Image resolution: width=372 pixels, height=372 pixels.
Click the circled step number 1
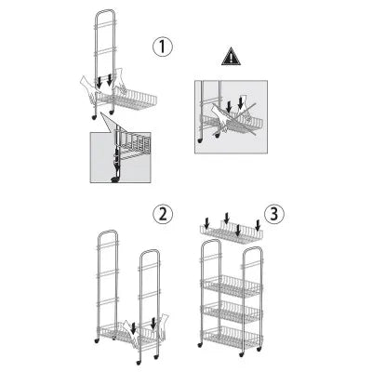(x=163, y=47)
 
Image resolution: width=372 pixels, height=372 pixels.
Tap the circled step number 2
(x=163, y=215)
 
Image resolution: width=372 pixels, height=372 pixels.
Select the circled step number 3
(x=274, y=214)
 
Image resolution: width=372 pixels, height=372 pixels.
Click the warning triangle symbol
(x=231, y=57)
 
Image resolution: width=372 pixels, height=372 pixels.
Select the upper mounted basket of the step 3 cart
(x=232, y=286)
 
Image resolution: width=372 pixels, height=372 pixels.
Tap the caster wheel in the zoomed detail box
(x=114, y=179)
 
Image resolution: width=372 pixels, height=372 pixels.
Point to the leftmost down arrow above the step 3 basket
(x=207, y=222)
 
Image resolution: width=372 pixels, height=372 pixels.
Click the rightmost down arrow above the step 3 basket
(x=258, y=225)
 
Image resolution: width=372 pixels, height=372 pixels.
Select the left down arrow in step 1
(x=100, y=82)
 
